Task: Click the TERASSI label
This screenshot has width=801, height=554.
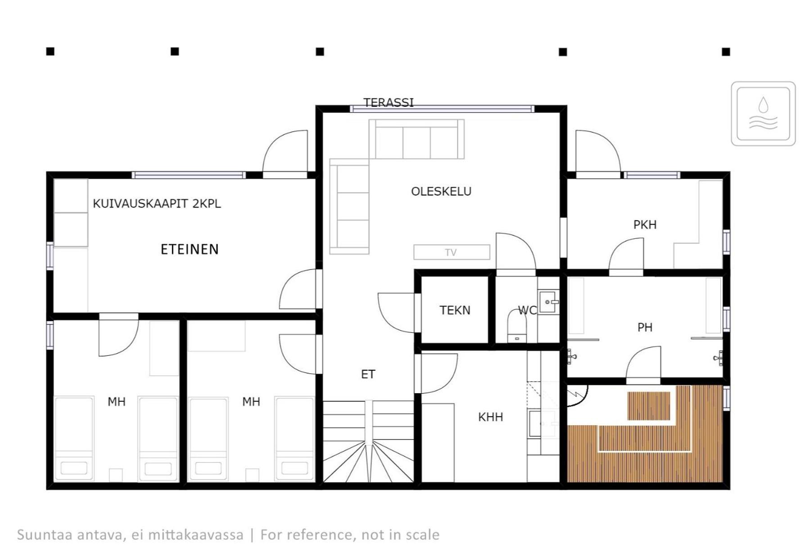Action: click(389, 103)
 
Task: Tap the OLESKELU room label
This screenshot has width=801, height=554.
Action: click(441, 191)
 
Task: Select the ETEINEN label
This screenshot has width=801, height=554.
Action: click(190, 249)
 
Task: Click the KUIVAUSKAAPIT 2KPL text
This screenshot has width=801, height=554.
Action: click(157, 204)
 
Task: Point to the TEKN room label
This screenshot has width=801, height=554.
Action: click(455, 310)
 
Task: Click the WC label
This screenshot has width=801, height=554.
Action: click(527, 310)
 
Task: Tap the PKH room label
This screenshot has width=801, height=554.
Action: click(645, 224)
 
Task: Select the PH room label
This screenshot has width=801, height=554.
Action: click(645, 327)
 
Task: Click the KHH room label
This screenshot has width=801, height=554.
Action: click(490, 417)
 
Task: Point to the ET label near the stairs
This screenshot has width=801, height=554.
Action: click(368, 374)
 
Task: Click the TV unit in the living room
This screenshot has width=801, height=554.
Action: click(452, 252)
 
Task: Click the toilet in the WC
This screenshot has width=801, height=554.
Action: click(516, 326)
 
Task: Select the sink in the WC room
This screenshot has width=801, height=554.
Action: click(548, 302)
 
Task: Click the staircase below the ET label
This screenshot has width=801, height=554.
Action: click(368, 441)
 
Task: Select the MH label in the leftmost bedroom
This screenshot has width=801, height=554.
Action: click(116, 402)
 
